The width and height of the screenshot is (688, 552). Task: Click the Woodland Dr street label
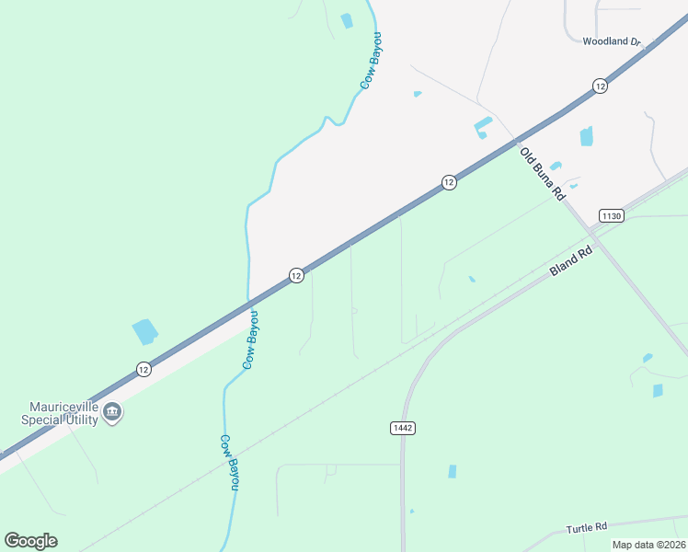[x=612, y=41]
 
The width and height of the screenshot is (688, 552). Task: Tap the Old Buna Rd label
[x=541, y=174]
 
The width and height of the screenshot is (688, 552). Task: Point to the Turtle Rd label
[x=587, y=527]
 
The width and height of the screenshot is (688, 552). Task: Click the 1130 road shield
[x=612, y=215]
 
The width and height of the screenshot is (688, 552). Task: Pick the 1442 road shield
[x=402, y=428]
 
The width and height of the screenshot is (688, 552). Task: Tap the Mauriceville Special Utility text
[x=62, y=412]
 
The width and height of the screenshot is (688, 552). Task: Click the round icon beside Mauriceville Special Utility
[x=112, y=411]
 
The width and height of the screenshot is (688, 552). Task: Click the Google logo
[x=30, y=541]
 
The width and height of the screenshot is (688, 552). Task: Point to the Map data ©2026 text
[x=649, y=545]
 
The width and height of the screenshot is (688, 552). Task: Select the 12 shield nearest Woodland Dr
[x=600, y=86]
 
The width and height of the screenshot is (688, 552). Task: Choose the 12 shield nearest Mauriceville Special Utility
[x=143, y=369]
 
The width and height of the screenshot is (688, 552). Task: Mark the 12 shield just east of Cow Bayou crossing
[x=296, y=275]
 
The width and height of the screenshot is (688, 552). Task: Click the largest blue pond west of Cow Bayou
[x=145, y=331]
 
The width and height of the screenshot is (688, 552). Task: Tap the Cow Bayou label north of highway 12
[x=371, y=60]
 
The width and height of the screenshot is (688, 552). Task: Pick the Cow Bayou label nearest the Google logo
[x=228, y=462]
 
